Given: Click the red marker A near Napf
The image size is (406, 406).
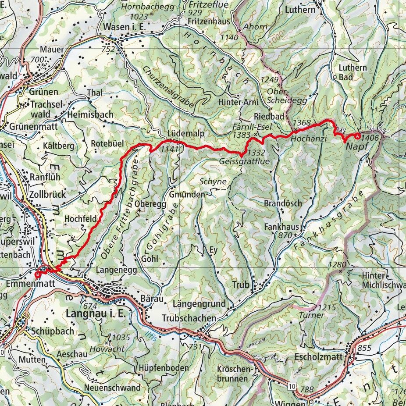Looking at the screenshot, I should (359, 136).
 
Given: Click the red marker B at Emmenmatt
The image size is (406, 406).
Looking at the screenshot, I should (38, 274).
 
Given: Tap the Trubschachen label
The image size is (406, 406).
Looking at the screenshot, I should (189, 317).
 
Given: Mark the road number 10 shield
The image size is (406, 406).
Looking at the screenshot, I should (292, 386).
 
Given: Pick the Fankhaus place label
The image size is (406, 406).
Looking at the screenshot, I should (281, 227).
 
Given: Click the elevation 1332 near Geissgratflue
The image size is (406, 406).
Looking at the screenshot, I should (256, 153).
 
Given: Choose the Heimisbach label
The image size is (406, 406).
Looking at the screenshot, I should (90, 114).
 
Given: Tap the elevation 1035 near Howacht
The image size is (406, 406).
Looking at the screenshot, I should (121, 338).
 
